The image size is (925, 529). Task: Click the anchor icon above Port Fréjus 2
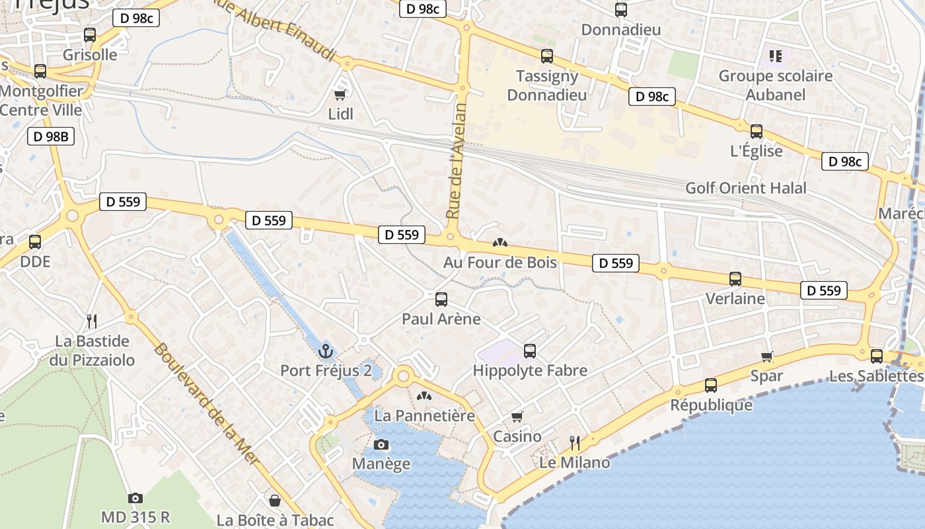pyautogui.click(x=325, y=350)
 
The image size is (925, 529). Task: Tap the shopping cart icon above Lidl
pyautogui.click(x=340, y=95)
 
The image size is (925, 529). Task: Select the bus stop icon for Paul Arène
pyautogui.click(x=441, y=300)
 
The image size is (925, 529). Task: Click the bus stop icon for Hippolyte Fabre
pyautogui.click(x=529, y=351)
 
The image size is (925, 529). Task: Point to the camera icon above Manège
pyautogui.click(x=381, y=444)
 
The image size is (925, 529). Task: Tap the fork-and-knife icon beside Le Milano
pyautogui.click(x=575, y=443)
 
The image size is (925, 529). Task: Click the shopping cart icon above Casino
pyautogui.click(x=517, y=417)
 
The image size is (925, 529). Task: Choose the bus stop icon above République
pyautogui.click(x=711, y=386)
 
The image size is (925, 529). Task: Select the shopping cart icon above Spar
pyautogui.click(x=767, y=357)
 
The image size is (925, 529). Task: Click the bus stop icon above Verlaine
pyautogui.click(x=735, y=279)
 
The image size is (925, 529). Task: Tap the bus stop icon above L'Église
pyautogui.click(x=757, y=132)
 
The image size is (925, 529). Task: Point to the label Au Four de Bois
pyautogui.click(x=500, y=263)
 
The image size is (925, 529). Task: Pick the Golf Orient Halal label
pyautogui.click(x=746, y=188)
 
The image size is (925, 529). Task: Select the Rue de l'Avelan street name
pyautogui.click(x=457, y=161)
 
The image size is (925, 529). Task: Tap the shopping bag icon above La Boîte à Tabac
pyautogui.click(x=275, y=501)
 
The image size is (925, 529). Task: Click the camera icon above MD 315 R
pyautogui.click(x=135, y=498)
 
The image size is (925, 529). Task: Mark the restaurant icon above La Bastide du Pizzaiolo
pyautogui.click(x=92, y=321)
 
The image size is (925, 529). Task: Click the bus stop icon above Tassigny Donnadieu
pyautogui.click(x=546, y=56)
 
